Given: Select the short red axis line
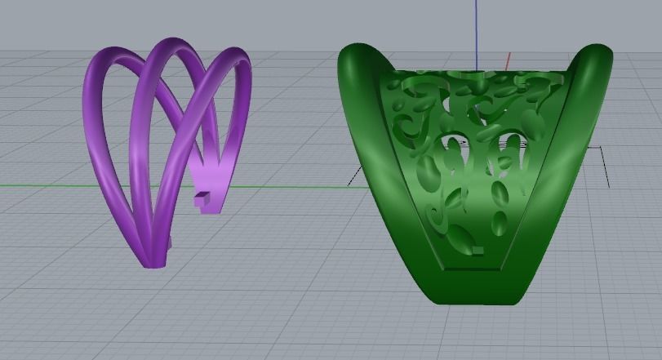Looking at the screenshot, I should [507, 61].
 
